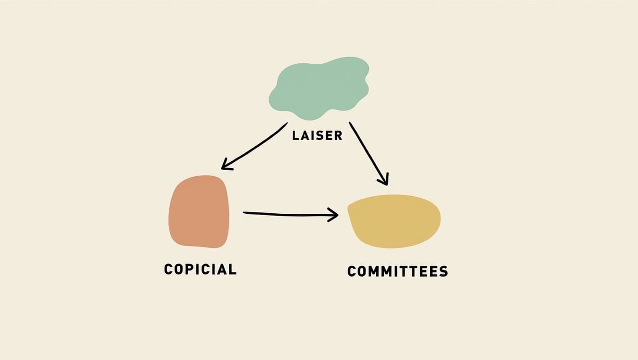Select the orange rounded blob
coord(199,212)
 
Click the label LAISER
coord(317,136)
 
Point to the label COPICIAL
coord(200,269)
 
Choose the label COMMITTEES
coord(397,271)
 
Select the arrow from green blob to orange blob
coord(253,146)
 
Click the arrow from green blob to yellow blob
coord(369,153)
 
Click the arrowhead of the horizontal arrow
coord(334,215)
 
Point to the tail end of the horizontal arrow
coord(244,213)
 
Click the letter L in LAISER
coord(296,136)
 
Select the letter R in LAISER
coord(338,136)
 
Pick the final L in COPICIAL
coord(233,269)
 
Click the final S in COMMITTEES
coord(443,271)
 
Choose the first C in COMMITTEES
coord(352,271)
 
